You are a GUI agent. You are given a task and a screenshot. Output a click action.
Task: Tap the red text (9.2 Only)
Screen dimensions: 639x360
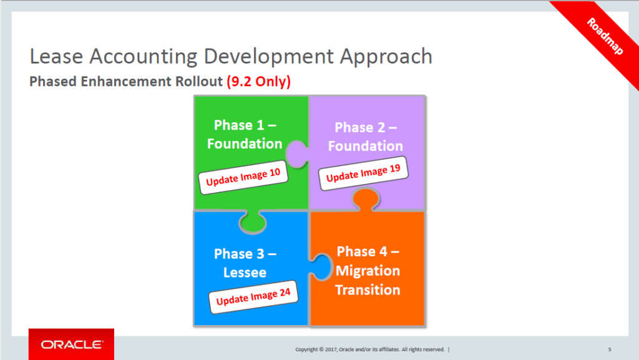pos(259,82)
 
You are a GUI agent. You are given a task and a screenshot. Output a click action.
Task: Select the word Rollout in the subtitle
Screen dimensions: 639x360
pos(199,82)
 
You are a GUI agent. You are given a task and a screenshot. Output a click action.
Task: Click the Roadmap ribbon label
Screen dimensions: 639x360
pos(605,36)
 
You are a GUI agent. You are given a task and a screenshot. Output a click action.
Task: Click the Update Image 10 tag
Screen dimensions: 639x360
pos(243,177)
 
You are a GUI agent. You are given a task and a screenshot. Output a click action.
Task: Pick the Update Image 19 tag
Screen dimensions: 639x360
pos(363,173)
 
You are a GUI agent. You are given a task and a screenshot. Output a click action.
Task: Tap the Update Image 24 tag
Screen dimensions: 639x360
pos(253,297)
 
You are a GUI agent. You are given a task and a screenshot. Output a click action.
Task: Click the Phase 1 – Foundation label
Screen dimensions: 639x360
pos(245,134)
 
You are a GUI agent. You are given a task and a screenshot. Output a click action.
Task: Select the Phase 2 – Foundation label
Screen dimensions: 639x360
pos(366,137)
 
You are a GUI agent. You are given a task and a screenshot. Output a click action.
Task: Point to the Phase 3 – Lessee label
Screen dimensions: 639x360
pos(245,263)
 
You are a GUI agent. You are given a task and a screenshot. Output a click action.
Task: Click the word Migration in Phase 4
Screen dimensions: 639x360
pos(368,271)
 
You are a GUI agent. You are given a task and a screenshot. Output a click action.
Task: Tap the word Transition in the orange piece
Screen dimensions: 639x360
pos(368,290)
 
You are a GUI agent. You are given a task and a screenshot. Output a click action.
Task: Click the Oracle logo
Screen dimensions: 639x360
pos(71,344)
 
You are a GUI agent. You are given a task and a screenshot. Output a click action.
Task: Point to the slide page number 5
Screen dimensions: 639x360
pos(610,349)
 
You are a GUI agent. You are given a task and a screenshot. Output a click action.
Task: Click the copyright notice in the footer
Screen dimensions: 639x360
pos(370,349)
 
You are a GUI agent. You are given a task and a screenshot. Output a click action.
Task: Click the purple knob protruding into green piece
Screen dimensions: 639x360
pos(297,154)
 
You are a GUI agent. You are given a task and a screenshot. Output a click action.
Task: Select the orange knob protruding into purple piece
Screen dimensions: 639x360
pos(366,199)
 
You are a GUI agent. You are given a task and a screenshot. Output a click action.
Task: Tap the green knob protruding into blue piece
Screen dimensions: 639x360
pos(253,222)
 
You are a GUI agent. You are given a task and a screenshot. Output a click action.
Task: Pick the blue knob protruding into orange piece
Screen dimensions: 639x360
pos(322,267)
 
